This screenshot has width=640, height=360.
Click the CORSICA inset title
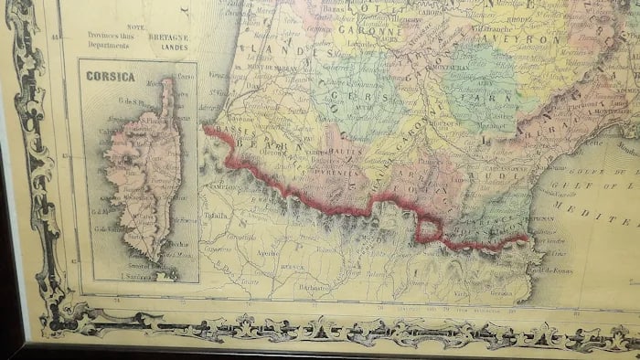(111, 77)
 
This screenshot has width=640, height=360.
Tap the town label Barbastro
(314, 285)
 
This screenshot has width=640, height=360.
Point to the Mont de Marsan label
(260, 68)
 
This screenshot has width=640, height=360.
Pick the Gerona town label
(496, 292)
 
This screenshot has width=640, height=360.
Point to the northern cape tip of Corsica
(168, 81)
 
